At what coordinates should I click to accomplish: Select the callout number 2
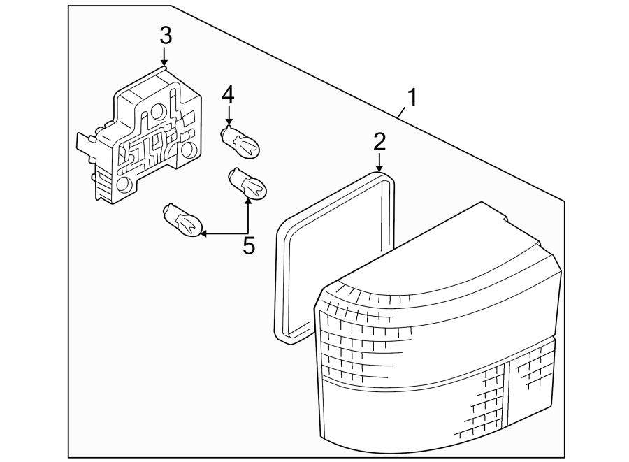[379, 141]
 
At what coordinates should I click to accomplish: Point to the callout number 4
[228, 94]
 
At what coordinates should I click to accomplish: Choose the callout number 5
[248, 245]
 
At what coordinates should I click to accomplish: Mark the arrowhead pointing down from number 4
[228, 122]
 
